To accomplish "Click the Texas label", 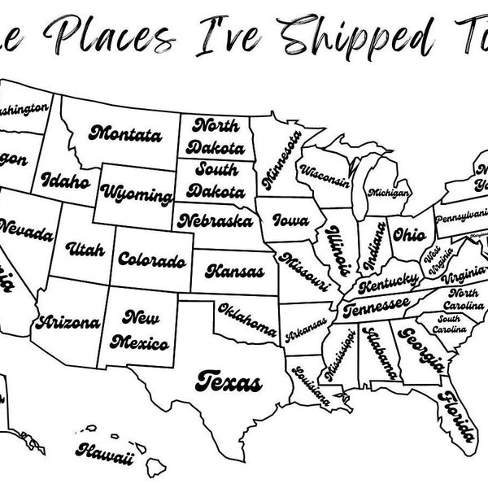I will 229,380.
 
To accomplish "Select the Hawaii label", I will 104,451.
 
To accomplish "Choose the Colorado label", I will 151,260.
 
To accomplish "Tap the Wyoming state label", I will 137,195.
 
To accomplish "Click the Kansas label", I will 234,269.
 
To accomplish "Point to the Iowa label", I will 290,220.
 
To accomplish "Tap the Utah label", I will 85,248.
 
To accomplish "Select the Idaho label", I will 66,181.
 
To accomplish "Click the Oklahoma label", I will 247,318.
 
